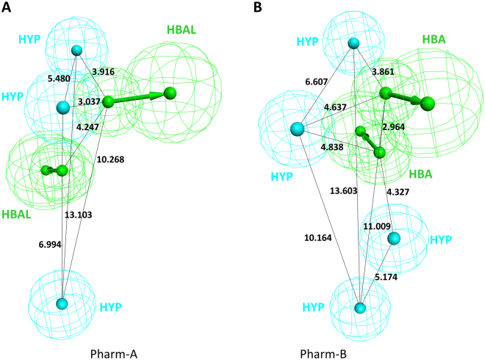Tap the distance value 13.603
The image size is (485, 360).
[x=346, y=192]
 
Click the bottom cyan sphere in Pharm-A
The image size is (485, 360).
[x=62, y=303]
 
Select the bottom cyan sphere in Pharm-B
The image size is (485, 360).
[x=360, y=308]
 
